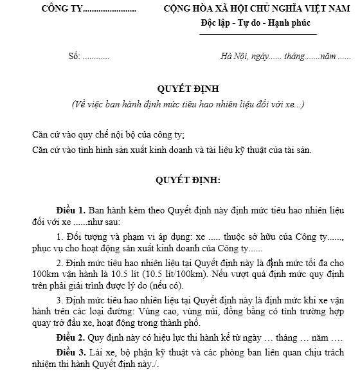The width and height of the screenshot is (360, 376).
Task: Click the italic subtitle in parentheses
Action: point(180,103)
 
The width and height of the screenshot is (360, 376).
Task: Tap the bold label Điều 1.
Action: point(71,210)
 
